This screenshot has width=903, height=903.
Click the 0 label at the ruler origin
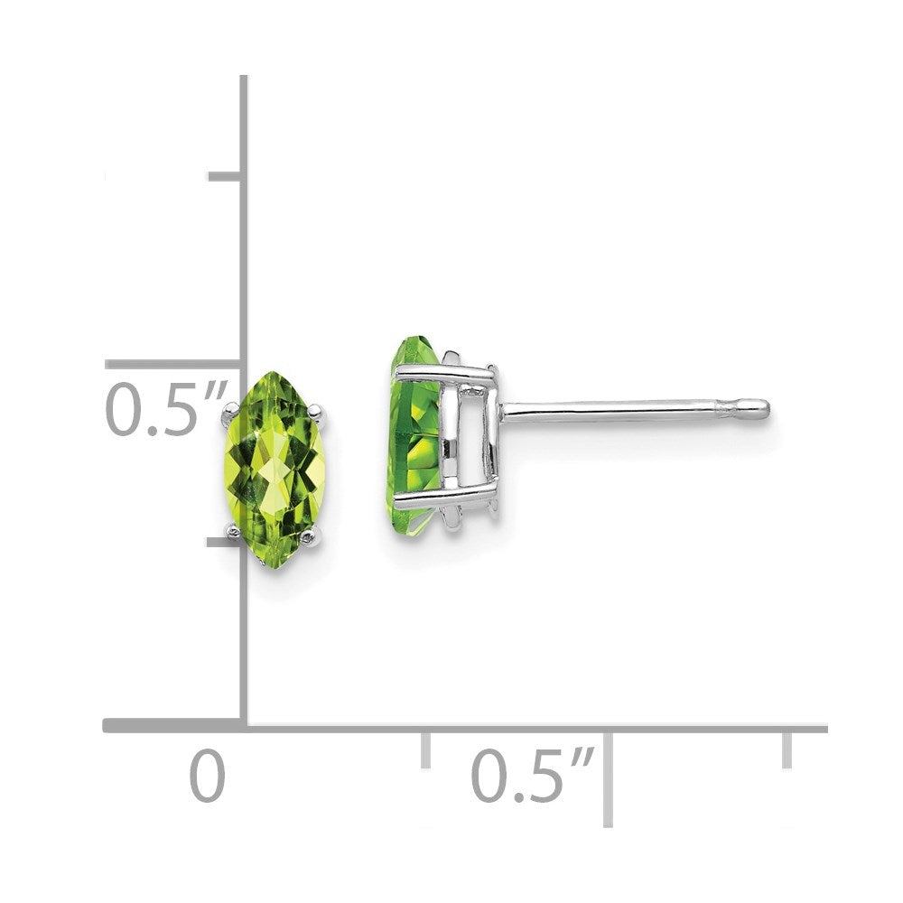(x=207, y=777)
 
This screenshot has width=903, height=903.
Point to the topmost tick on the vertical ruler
(x=224, y=175)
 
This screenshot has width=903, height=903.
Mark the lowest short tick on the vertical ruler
(x=224, y=543)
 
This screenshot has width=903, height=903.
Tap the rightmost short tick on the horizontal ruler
(x=787, y=749)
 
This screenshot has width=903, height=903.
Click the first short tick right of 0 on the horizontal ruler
(x=425, y=750)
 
